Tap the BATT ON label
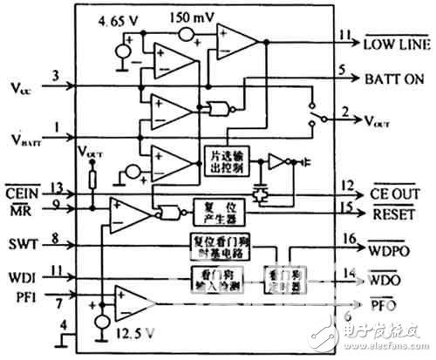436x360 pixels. point(393,78)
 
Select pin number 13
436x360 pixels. point(56,185)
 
